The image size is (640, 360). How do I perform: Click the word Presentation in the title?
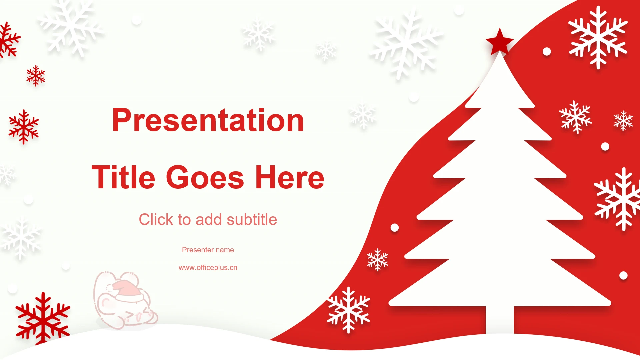(208, 120)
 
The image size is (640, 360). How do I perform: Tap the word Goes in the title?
(205, 177)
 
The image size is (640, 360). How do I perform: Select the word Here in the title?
(290, 177)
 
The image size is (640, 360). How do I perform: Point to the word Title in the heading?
(123, 177)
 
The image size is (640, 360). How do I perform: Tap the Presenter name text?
(208, 250)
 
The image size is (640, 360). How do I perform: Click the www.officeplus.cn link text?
(208, 267)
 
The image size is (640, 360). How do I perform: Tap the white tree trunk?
(500, 319)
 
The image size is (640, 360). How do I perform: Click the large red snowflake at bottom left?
(43, 319)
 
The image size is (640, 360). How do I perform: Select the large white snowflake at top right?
(598, 37)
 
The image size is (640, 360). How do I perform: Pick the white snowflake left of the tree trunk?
(348, 310)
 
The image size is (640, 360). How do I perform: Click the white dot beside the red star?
(547, 51)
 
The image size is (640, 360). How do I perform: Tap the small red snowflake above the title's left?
(36, 76)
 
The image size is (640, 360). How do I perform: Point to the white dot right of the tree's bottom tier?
(623, 275)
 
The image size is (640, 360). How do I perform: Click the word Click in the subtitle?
(156, 220)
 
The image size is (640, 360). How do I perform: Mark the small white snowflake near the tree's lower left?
(377, 259)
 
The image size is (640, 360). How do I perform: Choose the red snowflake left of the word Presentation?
(24, 127)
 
